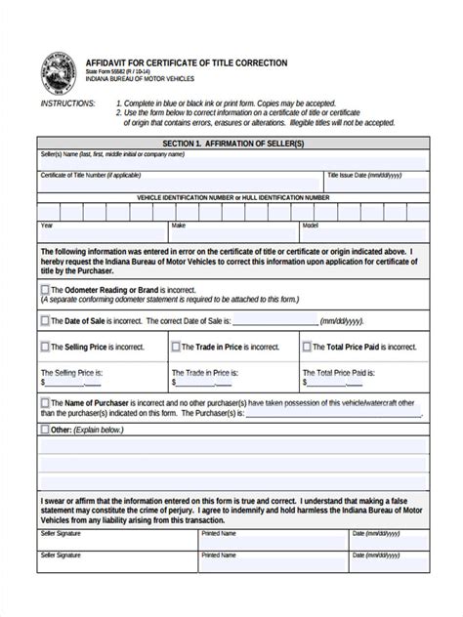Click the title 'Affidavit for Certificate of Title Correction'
click(187, 62)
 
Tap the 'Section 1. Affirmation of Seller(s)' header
click(232, 144)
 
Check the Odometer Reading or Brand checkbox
click(45, 289)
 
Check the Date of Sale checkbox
click(45, 319)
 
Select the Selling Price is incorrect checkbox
click(45, 346)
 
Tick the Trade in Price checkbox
click(175, 346)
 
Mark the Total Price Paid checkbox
click(307, 346)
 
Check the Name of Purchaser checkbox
click(45, 402)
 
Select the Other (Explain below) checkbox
click(45, 428)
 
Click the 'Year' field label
click(46, 226)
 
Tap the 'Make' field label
click(178, 226)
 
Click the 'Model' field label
click(311, 226)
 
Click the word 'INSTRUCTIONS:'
click(67, 103)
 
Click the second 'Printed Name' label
click(218, 555)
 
